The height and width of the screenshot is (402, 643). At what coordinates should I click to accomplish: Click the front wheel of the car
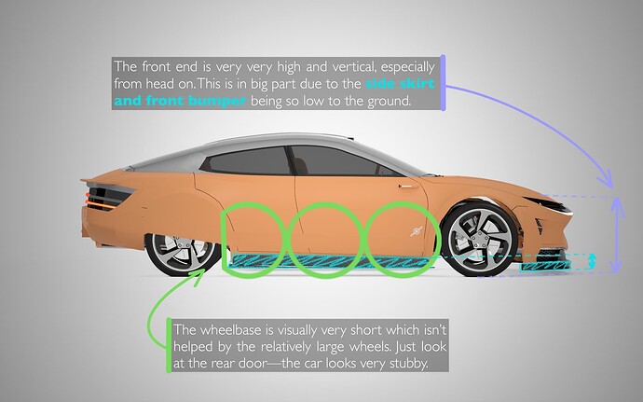[x=479, y=240]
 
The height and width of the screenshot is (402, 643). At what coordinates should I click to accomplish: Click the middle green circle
[x=326, y=240]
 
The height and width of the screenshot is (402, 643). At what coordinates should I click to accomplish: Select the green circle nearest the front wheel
[x=403, y=240]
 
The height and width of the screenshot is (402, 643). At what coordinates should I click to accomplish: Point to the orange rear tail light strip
[x=102, y=203]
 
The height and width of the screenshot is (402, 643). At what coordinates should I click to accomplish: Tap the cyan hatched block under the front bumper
[x=545, y=267]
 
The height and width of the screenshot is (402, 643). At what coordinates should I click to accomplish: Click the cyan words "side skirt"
[x=400, y=84]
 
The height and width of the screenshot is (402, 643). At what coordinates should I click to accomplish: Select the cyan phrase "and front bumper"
[x=180, y=101]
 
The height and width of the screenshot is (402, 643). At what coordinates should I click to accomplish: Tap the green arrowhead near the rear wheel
[x=199, y=275]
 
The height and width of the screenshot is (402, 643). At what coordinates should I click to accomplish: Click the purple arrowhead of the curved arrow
[x=606, y=180]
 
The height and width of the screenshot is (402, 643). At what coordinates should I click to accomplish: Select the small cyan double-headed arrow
[x=592, y=261]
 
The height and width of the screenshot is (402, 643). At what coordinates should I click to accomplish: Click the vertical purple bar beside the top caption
[x=443, y=82]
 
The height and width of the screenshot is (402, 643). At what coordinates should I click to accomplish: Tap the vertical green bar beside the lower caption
[x=169, y=345]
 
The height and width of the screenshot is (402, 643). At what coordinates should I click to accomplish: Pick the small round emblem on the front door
[x=417, y=231]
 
